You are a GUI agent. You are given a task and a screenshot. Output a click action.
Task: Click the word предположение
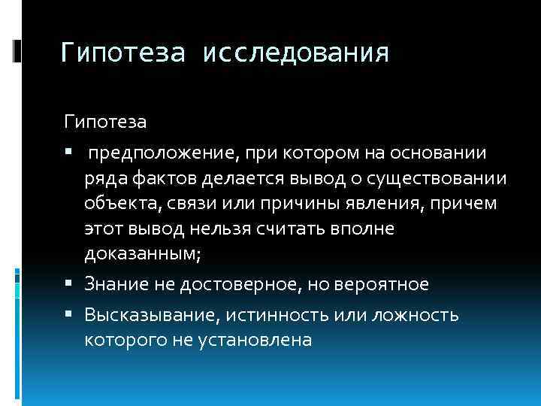[x=162, y=153]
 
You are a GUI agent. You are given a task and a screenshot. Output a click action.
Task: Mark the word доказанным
[x=143, y=254]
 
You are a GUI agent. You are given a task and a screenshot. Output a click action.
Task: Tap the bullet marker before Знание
[x=68, y=284]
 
